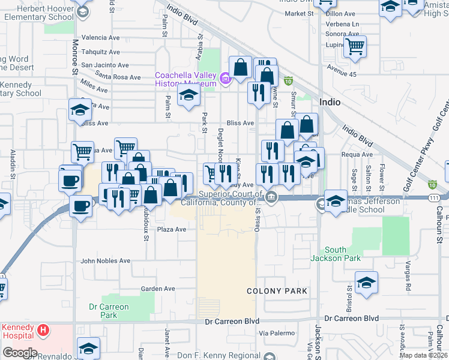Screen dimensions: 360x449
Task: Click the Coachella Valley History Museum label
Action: coord(185,79)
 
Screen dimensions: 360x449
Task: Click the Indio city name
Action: coord(330,102)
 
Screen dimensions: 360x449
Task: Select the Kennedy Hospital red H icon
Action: coord(43,330)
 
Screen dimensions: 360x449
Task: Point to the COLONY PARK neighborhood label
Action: coord(277,291)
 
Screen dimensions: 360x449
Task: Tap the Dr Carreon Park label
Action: coord(109,311)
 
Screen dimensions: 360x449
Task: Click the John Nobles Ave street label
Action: coord(106,261)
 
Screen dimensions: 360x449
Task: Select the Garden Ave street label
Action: coord(158,289)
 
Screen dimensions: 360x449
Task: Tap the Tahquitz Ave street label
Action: coord(101,51)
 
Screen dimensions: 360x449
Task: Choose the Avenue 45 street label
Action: coord(341,74)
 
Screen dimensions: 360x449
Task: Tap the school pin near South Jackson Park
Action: coord(366,283)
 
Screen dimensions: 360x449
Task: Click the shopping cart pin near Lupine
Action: coord(355,45)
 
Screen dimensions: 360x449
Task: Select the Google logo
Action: coord(20,353)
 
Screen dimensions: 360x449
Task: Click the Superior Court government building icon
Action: coord(271,197)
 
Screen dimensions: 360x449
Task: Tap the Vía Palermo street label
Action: coord(277,333)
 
